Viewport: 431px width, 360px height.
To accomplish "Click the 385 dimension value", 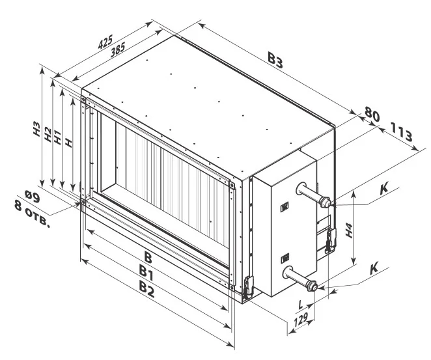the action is [x=118, y=49].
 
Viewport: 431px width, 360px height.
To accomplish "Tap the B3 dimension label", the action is [x=275, y=61].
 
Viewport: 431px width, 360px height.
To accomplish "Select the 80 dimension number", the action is [x=372, y=114].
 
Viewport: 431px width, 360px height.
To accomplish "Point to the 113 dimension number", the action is [x=401, y=132].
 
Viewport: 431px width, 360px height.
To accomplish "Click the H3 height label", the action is [x=37, y=129].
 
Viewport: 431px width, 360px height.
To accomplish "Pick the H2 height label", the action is [x=48, y=134].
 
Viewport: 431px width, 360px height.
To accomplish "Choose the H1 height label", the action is [x=57, y=137].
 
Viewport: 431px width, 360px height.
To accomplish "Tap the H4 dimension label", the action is [x=349, y=230].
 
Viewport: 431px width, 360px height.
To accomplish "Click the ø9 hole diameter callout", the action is [x=33, y=196].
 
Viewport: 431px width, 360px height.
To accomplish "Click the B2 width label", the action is [x=146, y=290].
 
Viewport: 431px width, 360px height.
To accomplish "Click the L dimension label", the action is [x=301, y=305].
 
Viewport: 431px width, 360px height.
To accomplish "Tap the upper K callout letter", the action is [x=384, y=189].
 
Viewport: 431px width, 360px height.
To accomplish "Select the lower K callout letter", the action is [x=374, y=268].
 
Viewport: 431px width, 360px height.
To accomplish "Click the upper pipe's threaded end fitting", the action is [x=326, y=202].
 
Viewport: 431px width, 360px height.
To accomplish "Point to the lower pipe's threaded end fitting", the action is [x=312, y=286].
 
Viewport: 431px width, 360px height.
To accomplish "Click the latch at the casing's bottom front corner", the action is [x=247, y=286].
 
